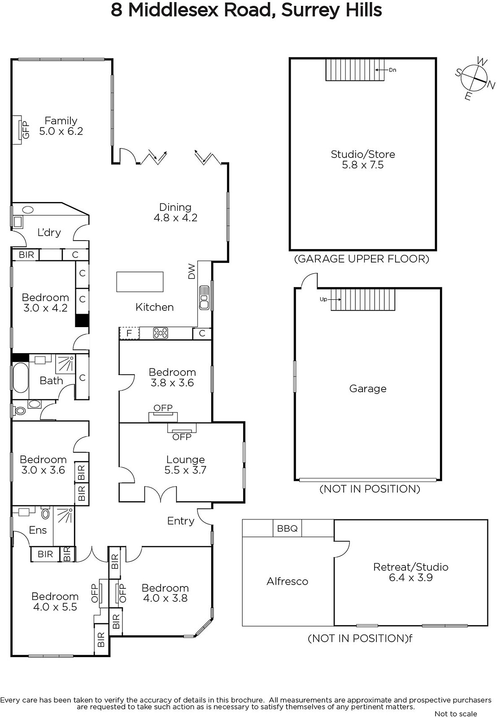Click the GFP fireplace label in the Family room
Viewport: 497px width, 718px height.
point(26,130)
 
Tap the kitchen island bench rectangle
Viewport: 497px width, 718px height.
point(140,282)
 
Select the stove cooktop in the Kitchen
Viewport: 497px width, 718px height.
point(160,333)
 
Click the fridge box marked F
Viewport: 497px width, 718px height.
point(129,333)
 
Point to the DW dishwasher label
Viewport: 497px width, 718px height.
point(192,271)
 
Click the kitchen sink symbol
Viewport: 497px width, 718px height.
point(204,298)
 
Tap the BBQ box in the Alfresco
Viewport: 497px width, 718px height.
point(288,529)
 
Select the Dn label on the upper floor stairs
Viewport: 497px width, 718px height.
point(392,70)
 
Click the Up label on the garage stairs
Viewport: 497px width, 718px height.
point(323,299)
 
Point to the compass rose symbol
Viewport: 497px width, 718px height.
point(474,79)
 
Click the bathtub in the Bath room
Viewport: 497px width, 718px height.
point(20,377)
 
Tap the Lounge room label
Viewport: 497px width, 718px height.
point(186,460)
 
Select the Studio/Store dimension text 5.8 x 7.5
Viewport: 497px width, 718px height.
point(363,165)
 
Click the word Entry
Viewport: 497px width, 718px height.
point(181,521)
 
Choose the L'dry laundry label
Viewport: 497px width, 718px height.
point(49,232)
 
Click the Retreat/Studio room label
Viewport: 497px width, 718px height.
point(411,567)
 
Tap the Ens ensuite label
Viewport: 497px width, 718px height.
point(38,530)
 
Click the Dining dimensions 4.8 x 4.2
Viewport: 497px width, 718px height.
point(175,218)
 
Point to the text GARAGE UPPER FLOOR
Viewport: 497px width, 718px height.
point(362,258)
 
